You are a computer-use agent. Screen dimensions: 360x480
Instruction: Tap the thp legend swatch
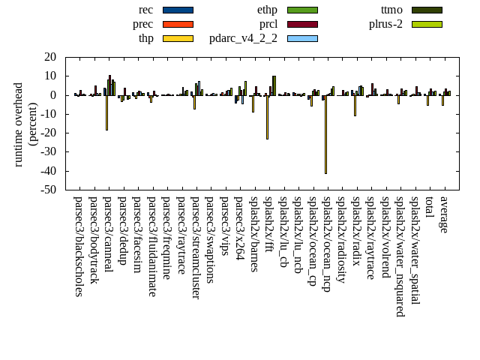click(x=178, y=38)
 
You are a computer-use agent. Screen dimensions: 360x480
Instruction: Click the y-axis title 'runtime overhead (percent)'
click(x=25, y=124)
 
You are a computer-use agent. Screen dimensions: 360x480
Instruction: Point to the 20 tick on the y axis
click(x=50, y=57)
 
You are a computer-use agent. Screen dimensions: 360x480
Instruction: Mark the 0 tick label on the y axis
click(x=53, y=95)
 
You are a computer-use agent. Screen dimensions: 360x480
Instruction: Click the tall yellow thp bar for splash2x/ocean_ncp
click(x=325, y=134)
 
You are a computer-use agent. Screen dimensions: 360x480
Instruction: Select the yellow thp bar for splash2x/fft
click(x=267, y=117)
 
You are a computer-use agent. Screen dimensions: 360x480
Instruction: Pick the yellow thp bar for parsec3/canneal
click(x=106, y=112)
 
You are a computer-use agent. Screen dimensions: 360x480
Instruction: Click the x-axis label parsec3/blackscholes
click(x=78, y=246)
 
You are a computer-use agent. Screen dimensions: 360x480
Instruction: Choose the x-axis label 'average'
click(x=443, y=214)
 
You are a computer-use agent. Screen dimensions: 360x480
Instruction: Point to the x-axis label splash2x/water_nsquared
click(x=400, y=256)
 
